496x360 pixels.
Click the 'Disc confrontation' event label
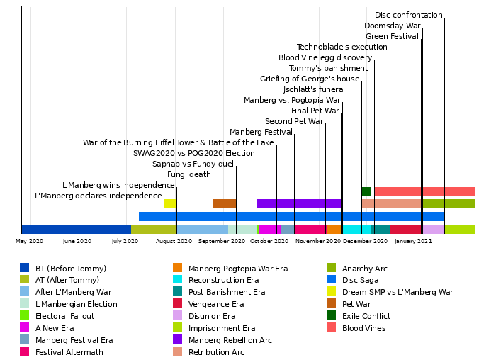point(408,15)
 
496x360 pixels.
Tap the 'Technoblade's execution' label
point(342,47)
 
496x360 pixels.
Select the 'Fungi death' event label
point(188,174)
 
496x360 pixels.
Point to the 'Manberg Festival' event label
point(261,132)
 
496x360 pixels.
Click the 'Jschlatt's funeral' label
point(313,89)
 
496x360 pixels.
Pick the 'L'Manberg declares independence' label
point(98,196)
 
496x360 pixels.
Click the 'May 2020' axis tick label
point(29,241)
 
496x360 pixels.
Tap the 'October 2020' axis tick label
point(269,241)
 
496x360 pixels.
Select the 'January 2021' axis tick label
point(413,241)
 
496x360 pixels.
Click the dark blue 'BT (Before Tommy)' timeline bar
point(76,229)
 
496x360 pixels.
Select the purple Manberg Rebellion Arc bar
point(299,203)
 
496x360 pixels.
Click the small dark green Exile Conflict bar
point(366,191)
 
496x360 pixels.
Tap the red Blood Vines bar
point(424,191)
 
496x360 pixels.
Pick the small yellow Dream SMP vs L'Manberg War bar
point(170,203)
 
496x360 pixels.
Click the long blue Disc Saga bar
point(291,216)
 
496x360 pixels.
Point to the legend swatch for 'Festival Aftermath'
point(25,352)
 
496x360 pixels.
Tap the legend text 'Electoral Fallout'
point(64,316)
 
